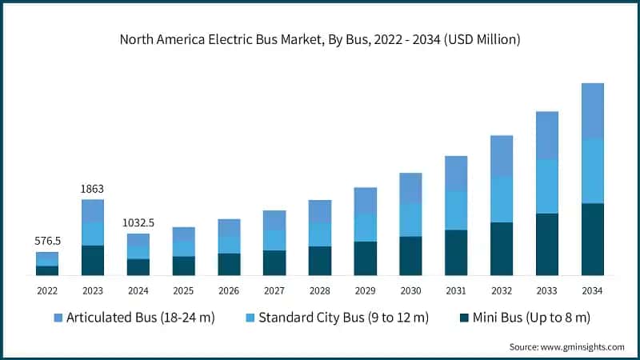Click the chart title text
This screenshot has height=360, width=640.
click(319, 39)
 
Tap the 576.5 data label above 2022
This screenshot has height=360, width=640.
click(47, 241)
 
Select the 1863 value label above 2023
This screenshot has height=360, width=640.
click(93, 189)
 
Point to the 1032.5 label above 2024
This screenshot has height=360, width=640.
click(138, 222)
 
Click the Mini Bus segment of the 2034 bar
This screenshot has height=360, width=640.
click(592, 239)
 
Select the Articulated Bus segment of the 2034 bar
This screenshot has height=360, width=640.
click(592, 110)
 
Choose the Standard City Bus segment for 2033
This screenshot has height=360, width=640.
click(546, 186)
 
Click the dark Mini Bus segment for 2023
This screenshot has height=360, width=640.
click(93, 260)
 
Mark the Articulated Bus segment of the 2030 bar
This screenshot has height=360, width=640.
click(410, 188)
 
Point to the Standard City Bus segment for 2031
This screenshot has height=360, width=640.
click(456, 210)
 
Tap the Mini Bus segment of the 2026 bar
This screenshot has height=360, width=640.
click(229, 264)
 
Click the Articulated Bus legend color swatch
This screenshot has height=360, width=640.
click(57, 318)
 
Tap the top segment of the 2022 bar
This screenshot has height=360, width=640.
click(47, 258)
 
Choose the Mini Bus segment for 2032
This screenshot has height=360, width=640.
click(502, 248)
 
